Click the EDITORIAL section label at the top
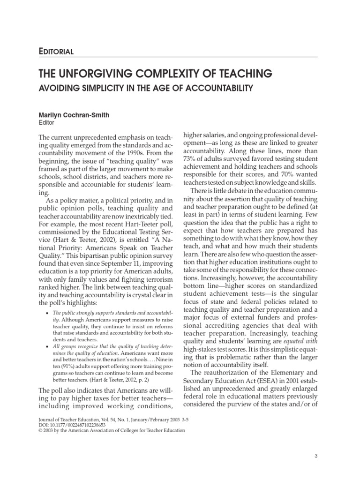click(56, 51)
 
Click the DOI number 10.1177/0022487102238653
click(84, 424)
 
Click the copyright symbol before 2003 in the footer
click(40, 430)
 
